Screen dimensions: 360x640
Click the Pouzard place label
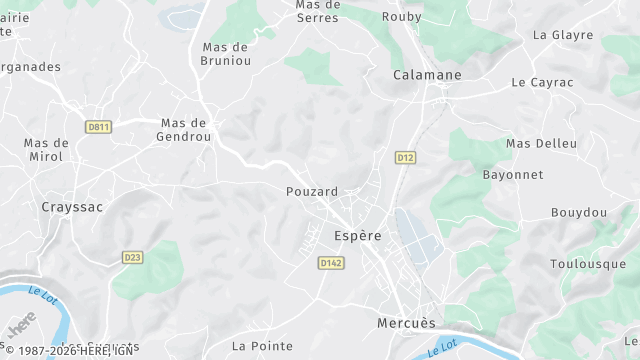pos(312,191)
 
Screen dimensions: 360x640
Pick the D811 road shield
pos(99,127)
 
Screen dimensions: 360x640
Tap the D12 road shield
pos(405,158)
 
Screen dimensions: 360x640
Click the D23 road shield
pos(133,257)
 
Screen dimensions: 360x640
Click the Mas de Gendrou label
pos(186,130)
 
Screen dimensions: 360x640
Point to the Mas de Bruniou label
pos(225,54)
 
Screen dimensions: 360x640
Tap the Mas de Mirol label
pos(46,150)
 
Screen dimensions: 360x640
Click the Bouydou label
pos(579,213)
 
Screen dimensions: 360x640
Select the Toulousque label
pos(588,264)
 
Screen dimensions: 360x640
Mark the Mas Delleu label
pos(542,143)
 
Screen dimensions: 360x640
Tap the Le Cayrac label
pos(543,82)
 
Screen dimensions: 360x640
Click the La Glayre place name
pos(564,34)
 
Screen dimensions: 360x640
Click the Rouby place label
pos(402,17)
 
